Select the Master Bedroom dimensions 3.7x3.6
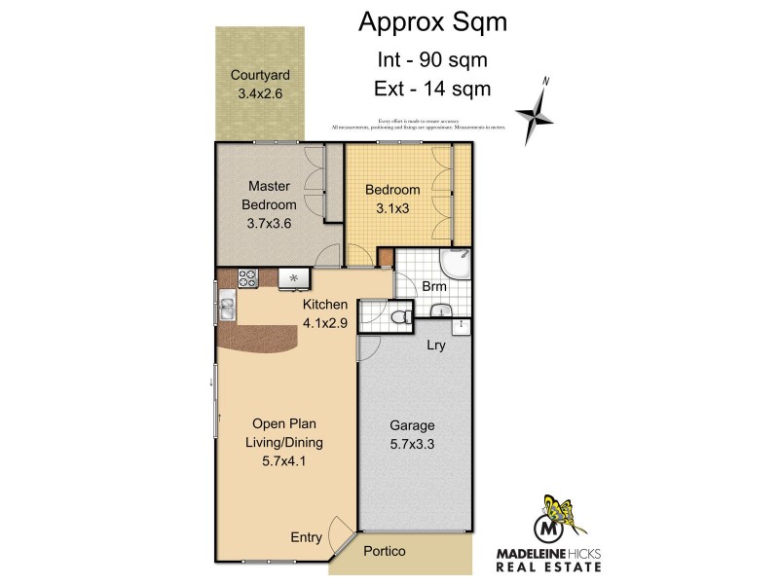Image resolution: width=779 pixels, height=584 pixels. pyautogui.click(x=270, y=223)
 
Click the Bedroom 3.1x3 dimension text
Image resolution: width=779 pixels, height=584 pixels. pyautogui.click(x=392, y=208)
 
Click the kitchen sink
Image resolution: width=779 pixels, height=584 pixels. pyautogui.click(x=226, y=309)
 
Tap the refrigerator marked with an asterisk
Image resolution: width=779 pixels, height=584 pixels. pyautogui.click(x=293, y=279)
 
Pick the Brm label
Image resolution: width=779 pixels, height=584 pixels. pyautogui.click(x=433, y=287)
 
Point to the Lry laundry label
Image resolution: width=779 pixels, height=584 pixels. pyautogui.click(x=436, y=345)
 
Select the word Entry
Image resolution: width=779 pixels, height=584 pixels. pyautogui.click(x=307, y=537)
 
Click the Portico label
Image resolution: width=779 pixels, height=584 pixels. pyautogui.click(x=384, y=552)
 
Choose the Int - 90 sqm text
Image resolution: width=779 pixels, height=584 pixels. pyautogui.click(x=432, y=59)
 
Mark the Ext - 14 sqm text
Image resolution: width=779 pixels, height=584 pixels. pyautogui.click(x=432, y=89)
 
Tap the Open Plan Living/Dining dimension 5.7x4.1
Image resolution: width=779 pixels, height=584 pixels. pyautogui.click(x=284, y=461)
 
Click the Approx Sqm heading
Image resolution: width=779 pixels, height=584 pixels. pyautogui.click(x=432, y=21)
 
